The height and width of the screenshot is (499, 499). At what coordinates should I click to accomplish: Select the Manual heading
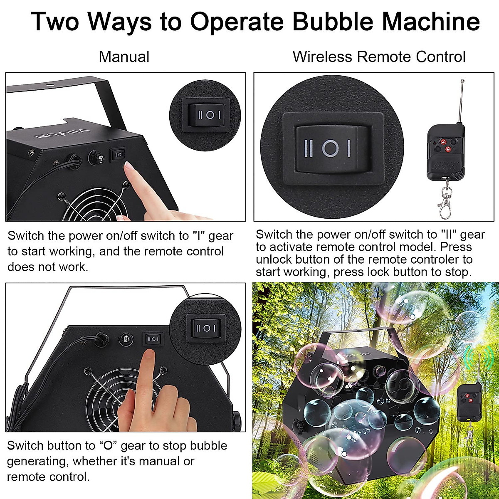124,57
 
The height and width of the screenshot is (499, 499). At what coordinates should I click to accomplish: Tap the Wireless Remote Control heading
379,57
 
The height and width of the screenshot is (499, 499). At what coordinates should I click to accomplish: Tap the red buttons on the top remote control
445,145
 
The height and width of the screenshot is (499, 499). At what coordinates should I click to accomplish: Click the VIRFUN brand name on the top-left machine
62,134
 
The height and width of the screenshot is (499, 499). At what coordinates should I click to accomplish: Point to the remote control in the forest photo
469,401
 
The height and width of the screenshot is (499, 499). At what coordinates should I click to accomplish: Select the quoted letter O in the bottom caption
108,446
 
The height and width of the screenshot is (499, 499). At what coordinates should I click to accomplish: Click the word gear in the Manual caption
221,236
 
